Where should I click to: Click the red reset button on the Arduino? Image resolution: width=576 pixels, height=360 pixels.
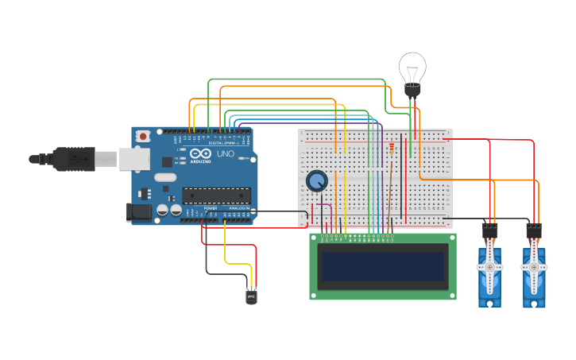[x=142, y=137]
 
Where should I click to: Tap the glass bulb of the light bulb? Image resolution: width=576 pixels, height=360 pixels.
[x=412, y=67]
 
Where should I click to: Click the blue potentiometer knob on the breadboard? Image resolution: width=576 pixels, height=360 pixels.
[x=316, y=181]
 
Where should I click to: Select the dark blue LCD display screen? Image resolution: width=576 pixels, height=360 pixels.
[x=382, y=266]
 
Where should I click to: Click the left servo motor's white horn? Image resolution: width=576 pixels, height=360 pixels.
[x=489, y=268]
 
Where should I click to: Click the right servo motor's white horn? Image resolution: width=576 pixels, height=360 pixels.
[x=534, y=268]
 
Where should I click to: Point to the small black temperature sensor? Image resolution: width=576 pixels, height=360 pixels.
[x=251, y=296]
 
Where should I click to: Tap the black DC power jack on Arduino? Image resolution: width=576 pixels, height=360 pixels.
[x=140, y=212]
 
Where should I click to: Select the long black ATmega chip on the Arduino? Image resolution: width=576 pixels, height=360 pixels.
[x=217, y=195]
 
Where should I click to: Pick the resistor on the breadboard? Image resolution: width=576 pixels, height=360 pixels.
[x=391, y=148]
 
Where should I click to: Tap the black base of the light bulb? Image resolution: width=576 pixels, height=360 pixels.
[x=412, y=91]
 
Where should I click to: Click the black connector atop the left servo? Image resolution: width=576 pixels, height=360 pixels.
[x=489, y=231]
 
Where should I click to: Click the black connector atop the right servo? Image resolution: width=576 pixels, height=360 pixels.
[x=534, y=231]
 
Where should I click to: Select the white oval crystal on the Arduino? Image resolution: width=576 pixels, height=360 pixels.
[x=164, y=177]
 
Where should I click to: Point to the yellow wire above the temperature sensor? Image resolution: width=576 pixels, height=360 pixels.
[x=226, y=246]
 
